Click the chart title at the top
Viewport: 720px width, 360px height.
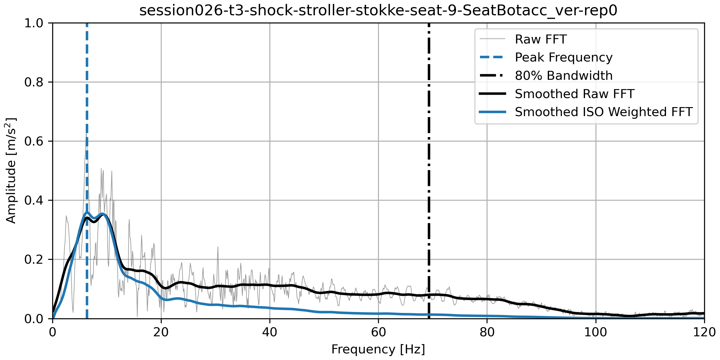tap(378, 10)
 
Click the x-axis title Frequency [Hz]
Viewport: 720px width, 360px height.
tap(378, 349)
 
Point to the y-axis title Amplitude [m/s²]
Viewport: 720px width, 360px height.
tap(11, 170)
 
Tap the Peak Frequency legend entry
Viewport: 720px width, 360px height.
tap(563, 57)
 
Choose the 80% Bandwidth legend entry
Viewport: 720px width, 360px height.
tap(563, 76)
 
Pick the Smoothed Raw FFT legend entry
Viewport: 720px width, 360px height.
tap(574, 94)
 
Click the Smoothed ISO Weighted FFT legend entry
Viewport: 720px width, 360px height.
tap(603, 112)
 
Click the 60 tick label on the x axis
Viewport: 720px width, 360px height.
tap(378, 332)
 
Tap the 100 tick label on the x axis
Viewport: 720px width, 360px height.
tap(595, 332)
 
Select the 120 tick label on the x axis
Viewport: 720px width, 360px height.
tap(704, 332)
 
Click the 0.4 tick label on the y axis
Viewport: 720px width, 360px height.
tap(34, 200)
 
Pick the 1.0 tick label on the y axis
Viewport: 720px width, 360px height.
tap(34, 23)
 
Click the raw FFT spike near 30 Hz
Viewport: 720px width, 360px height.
tap(218, 248)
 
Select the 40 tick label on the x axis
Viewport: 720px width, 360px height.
tap(270, 332)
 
